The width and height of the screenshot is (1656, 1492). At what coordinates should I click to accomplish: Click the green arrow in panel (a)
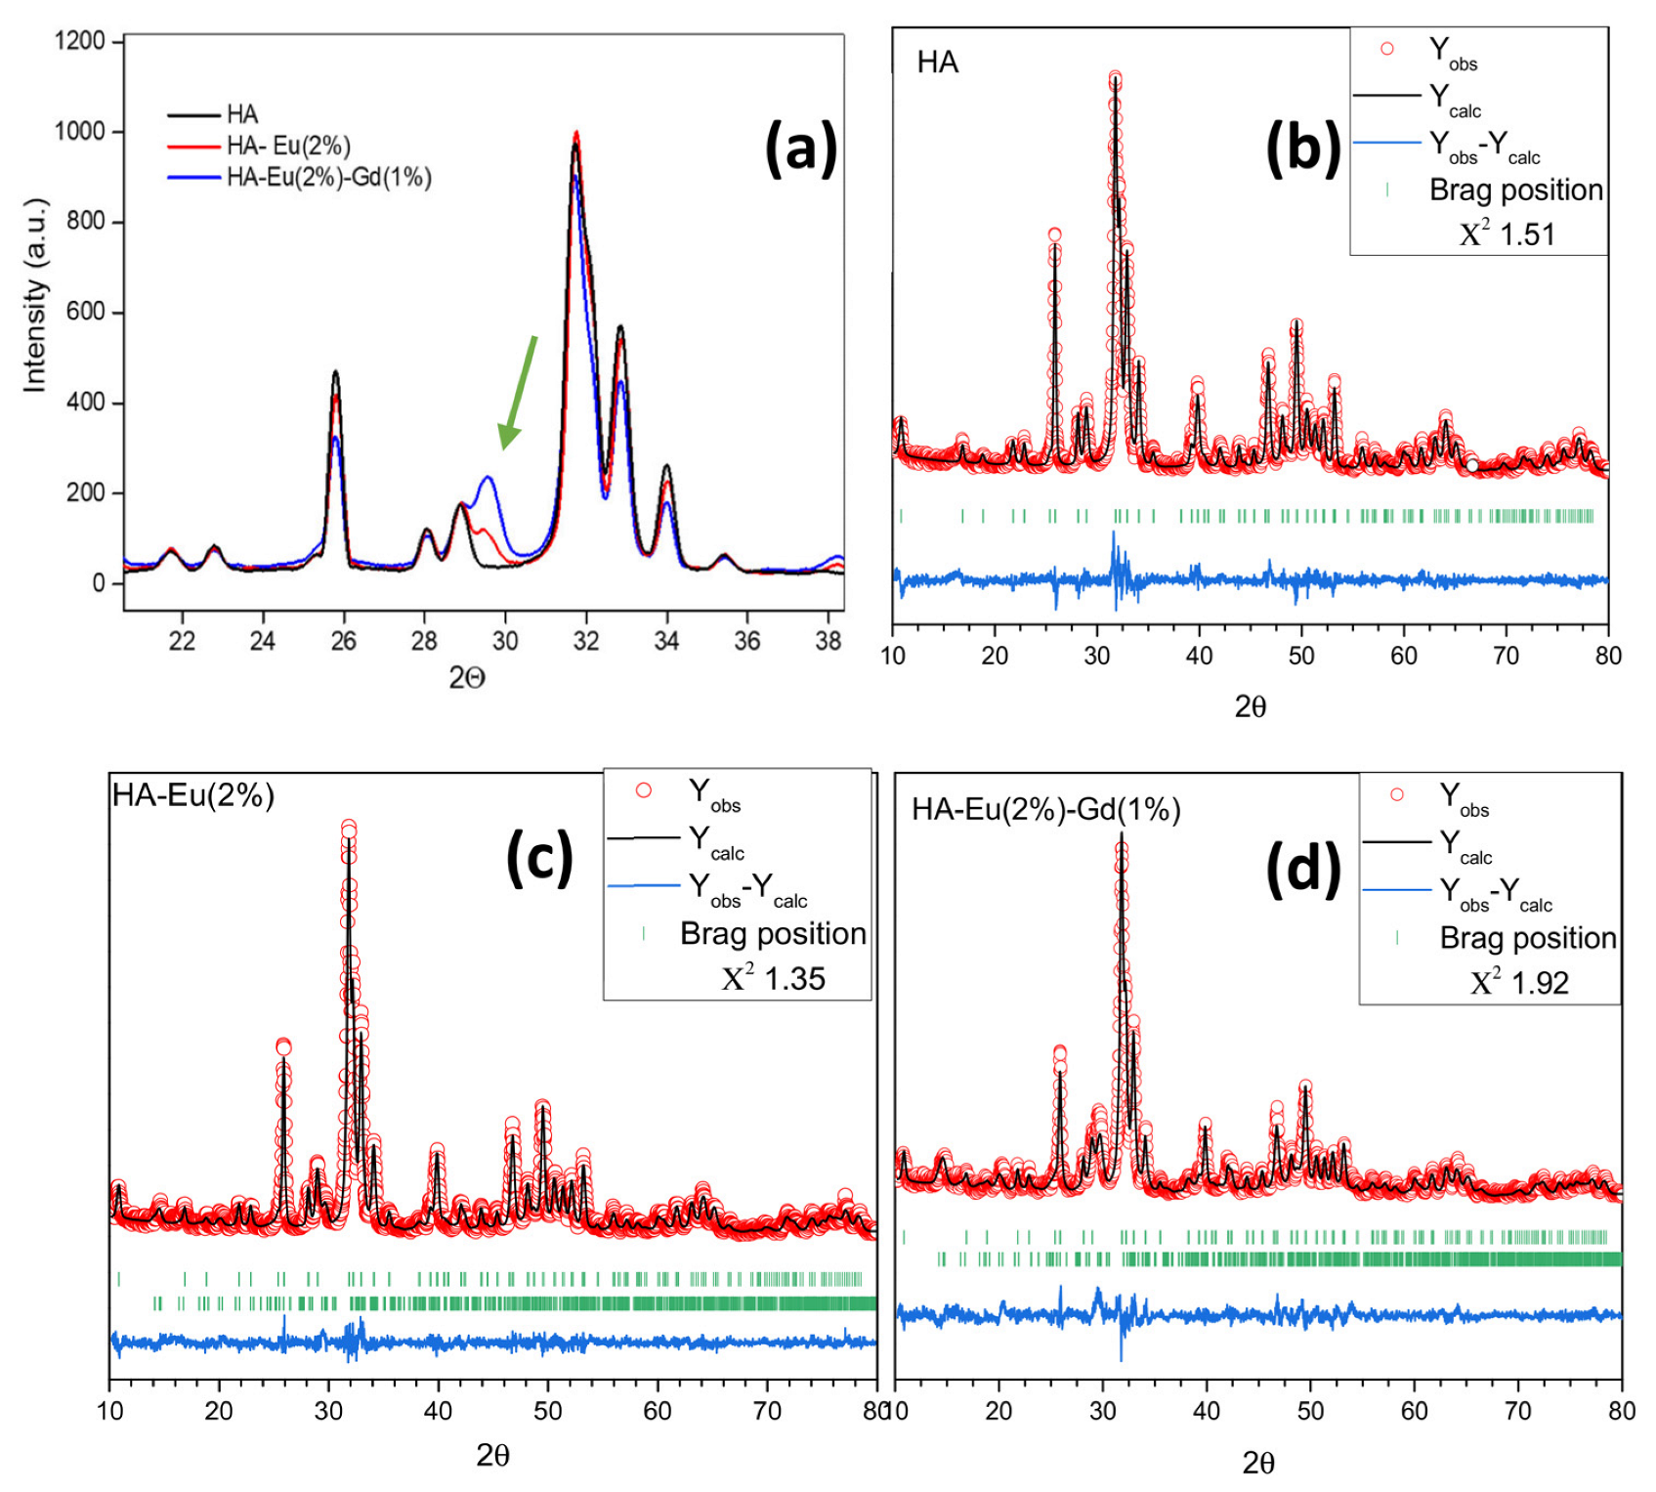coord(518,392)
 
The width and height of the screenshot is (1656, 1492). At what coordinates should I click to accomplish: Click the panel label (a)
coord(800,149)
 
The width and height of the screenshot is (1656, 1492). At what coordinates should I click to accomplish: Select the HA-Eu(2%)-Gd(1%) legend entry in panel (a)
coord(328,178)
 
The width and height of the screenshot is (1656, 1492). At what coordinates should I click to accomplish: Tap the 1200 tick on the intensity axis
coord(80,41)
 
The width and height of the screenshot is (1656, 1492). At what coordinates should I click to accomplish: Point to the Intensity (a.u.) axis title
coord(35,296)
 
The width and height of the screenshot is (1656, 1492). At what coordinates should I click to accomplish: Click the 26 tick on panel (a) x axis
coord(343,641)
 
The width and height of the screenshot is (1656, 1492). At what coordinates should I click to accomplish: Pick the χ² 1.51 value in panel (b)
coord(1507,234)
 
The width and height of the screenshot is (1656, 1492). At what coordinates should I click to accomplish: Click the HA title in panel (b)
coord(937,63)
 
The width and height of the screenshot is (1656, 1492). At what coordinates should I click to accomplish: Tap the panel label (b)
coord(1302,149)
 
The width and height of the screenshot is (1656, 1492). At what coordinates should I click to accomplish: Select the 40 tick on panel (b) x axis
coord(1199,656)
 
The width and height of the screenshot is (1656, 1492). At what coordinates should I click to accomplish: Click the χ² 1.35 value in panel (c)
coord(774,978)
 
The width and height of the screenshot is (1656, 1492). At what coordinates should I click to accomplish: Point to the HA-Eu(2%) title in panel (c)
coord(193,795)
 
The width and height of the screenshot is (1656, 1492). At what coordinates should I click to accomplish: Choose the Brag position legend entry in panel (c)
coord(772,934)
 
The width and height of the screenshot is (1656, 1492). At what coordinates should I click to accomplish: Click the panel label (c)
coord(538,858)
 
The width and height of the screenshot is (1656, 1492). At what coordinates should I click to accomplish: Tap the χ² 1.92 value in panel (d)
coord(1519,982)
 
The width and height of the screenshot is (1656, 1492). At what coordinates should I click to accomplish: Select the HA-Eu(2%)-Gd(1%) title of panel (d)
coord(1045,809)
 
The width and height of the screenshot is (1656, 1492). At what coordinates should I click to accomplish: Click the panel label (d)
coord(1302,868)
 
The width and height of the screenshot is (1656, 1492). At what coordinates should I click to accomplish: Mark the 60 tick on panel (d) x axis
coord(1414,1411)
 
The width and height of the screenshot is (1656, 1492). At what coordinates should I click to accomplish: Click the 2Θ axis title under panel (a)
coord(467,678)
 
